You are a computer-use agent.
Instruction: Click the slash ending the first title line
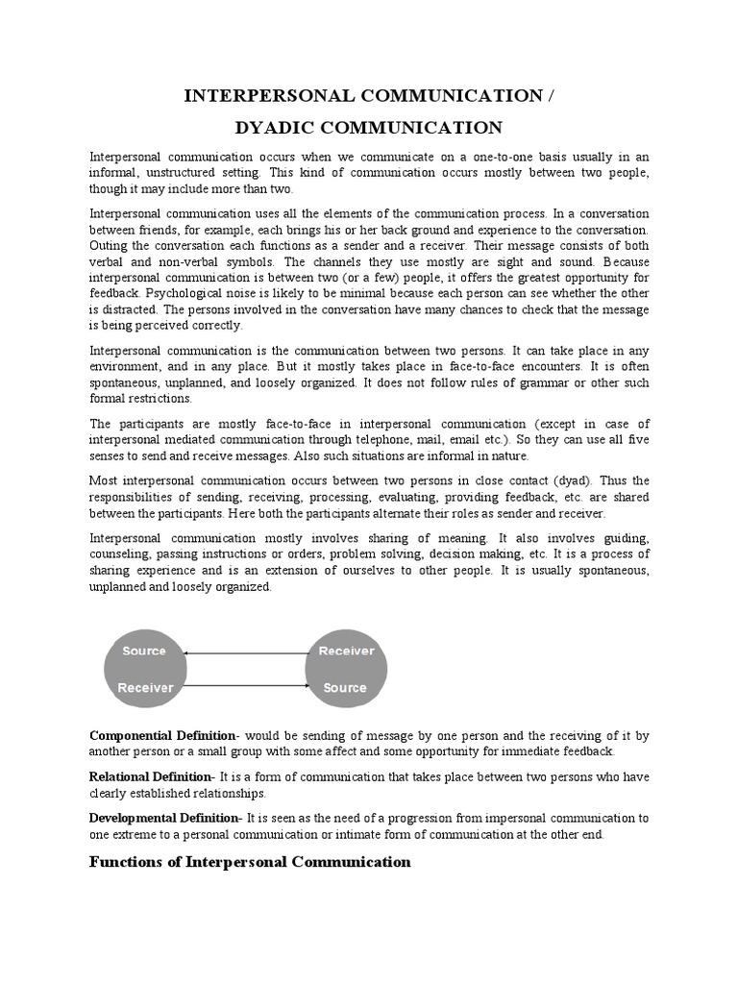pyautogui.click(x=551, y=95)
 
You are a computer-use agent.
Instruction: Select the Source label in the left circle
pyautogui.click(x=144, y=651)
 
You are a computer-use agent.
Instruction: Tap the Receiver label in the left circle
pyautogui.click(x=145, y=687)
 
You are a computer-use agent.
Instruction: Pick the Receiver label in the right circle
pyautogui.click(x=346, y=651)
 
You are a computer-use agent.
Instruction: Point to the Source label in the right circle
pyautogui.click(x=345, y=687)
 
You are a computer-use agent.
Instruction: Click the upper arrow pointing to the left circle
pyautogui.click(x=244, y=653)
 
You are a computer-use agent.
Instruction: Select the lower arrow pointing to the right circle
pyautogui.click(x=244, y=685)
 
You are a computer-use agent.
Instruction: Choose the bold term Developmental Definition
pyautogui.click(x=163, y=818)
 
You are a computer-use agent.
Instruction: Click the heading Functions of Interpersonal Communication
pyautogui.click(x=250, y=862)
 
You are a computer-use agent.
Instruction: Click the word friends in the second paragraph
pyautogui.click(x=169, y=230)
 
